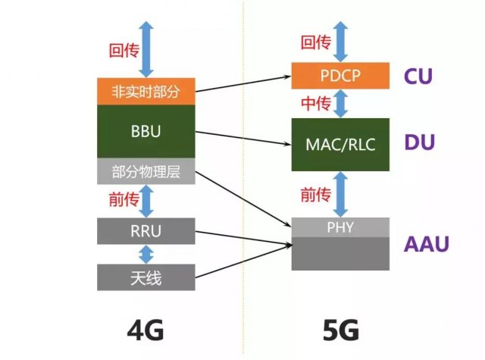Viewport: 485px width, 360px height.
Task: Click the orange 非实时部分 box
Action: pyautogui.click(x=146, y=91)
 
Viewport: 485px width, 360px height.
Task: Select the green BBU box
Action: pyautogui.click(x=146, y=131)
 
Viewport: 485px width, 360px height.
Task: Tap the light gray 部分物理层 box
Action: pyautogui.click(x=146, y=171)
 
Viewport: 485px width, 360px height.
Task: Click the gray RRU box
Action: pyautogui.click(x=146, y=230)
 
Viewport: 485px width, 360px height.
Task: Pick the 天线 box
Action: pyautogui.click(x=146, y=277)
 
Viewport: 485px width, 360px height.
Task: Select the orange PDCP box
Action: pyautogui.click(x=340, y=77)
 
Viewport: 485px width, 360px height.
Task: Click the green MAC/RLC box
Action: pyautogui.click(x=340, y=144)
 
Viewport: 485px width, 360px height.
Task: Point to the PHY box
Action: pyautogui.click(x=340, y=227)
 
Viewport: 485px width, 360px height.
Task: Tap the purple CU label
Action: pyautogui.click(x=419, y=77)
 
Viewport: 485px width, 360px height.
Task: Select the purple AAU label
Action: pyautogui.click(x=425, y=244)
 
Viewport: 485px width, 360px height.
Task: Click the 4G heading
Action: pyautogui.click(x=145, y=330)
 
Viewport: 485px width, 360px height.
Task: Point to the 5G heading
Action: pyautogui.click(x=339, y=330)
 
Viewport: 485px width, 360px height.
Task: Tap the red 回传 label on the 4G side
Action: pyautogui.click(x=122, y=51)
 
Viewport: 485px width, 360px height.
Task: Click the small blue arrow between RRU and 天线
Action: pyautogui.click(x=146, y=254)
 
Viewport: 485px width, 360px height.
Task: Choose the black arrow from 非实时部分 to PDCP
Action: pyautogui.click(x=242, y=83)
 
